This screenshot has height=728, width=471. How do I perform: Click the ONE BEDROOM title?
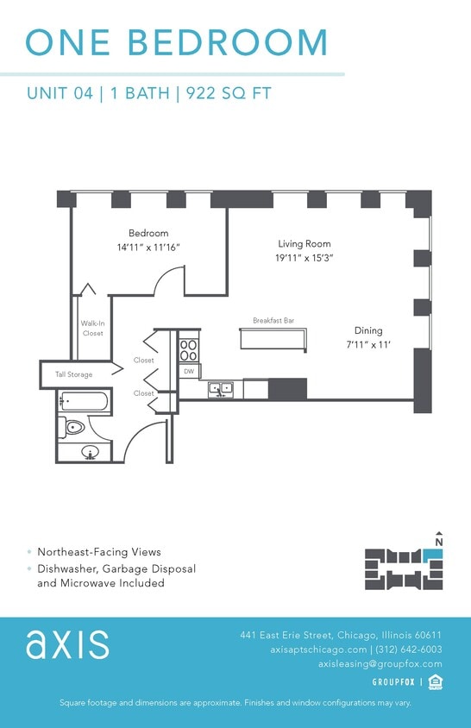pyautogui.click(x=177, y=43)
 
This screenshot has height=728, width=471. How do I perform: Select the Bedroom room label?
pyautogui.click(x=148, y=233)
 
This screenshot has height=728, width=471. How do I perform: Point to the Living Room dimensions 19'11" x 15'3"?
pyautogui.click(x=304, y=258)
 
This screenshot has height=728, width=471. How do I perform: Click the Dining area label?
pyautogui.click(x=367, y=330)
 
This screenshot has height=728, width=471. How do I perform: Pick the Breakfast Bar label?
pyautogui.click(x=273, y=321)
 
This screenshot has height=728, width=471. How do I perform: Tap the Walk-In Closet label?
pyautogui.click(x=92, y=329)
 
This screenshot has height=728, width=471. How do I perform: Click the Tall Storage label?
pyautogui.click(x=74, y=374)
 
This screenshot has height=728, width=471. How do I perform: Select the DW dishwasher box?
pyautogui.click(x=188, y=371)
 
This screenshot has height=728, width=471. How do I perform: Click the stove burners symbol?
pyautogui.click(x=188, y=349)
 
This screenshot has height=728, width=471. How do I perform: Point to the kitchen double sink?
pyautogui.click(x=220, y=389)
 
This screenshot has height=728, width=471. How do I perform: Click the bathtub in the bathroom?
pyautogui.click(x=84, y=401)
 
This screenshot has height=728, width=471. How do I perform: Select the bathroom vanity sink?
pyautogui.click(x=91, y=451)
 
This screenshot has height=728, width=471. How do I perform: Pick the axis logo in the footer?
pyautogui.click(x=67, y=644)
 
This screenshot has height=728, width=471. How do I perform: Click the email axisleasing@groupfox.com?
pyautogui.click(x=380, y=664)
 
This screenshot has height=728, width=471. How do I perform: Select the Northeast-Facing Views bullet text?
pyautogui.click(x=99, y=552)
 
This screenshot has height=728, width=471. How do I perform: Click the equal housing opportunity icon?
pyautogui.click(x=436, y=682)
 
